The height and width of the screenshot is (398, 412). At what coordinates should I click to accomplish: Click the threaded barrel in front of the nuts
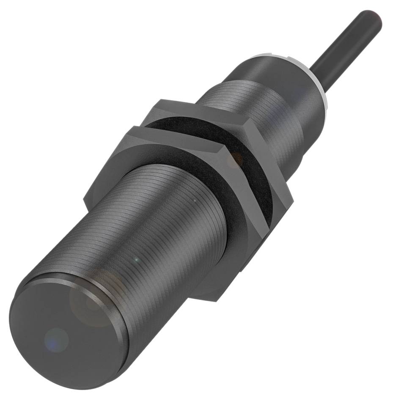click(x=140, y=224)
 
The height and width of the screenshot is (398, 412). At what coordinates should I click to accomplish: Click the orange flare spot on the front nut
click(x=236, y=159)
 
